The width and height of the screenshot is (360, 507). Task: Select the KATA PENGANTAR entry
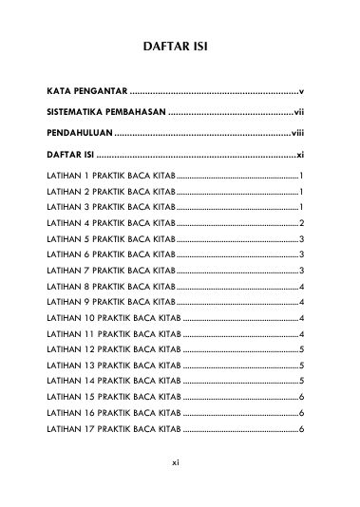click(x=87, y=91)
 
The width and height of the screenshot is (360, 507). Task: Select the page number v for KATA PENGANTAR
click(x=300, y=91)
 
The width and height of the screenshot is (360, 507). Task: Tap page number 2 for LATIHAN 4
click(x=301, y=222)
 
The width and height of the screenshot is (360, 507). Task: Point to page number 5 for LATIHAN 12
click(x=301, y=348)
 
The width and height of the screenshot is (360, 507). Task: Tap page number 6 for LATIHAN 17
click(x=301, y=430)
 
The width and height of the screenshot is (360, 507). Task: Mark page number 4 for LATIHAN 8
click(x=301, y=286)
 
